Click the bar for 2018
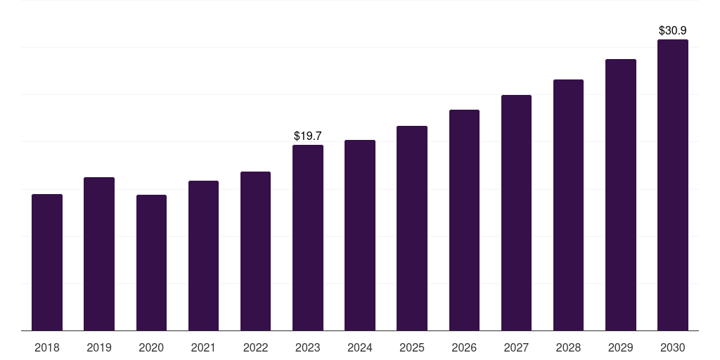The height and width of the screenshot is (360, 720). (47, 262)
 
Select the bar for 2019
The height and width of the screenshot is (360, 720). (99, 254)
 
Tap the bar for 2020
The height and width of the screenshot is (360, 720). (151, 263)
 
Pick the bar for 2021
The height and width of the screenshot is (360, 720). (203, 256)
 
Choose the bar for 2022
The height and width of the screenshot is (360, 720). (255, 251)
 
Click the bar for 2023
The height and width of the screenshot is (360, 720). (308, 238)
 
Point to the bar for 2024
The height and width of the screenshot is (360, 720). (360, 236)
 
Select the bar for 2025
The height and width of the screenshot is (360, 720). (412, 229)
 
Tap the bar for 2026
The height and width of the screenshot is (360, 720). (464, 220)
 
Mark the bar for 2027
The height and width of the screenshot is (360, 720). (516, 213)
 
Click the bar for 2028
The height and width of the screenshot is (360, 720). (568, 205)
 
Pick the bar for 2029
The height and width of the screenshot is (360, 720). (621, 195)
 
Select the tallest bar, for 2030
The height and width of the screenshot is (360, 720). (673, 185)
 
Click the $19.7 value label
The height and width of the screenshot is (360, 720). (308, 135)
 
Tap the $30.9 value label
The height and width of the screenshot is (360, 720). (673, 30)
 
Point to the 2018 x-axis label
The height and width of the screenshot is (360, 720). (47, 347)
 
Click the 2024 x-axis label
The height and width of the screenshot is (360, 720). (360, 347)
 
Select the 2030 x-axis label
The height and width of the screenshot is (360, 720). (673, 347)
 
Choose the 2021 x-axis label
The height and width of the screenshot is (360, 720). (203, 347)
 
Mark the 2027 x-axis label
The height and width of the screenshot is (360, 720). (516, 347)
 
